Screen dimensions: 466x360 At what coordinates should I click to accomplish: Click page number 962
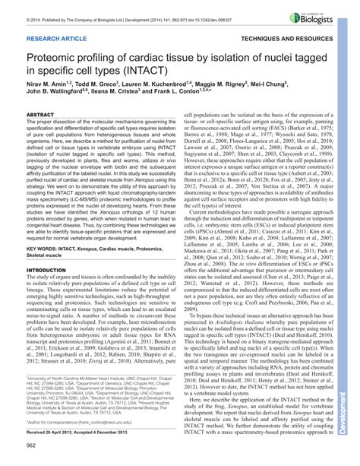32,456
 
